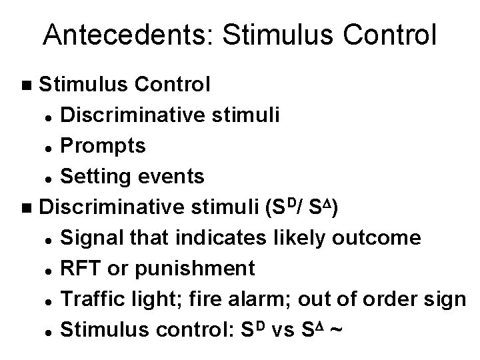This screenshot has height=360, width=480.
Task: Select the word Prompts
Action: (x=103, y=145)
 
